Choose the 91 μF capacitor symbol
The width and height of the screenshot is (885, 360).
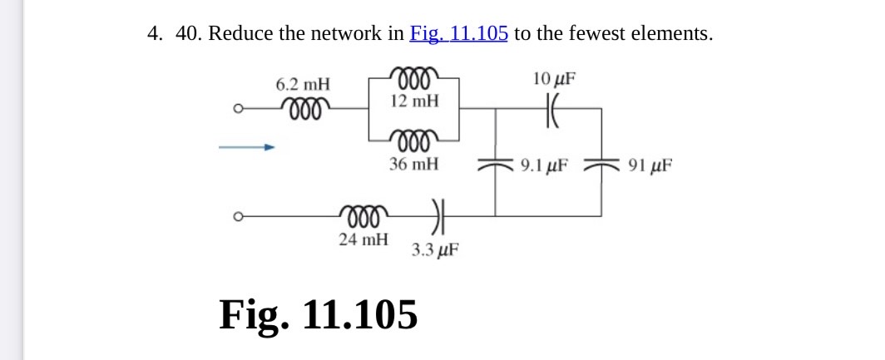601,165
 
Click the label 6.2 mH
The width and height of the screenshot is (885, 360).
303,84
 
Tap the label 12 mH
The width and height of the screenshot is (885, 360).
413,101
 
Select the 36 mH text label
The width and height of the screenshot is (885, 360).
413,164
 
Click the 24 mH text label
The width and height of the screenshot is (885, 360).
363,240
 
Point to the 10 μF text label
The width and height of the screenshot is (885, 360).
554,80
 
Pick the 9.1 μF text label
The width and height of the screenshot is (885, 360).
544,165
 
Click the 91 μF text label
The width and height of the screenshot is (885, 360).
646,165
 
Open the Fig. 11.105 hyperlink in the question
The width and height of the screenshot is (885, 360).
458,34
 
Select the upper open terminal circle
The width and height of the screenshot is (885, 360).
238,108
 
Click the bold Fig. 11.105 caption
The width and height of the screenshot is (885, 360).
319,315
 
